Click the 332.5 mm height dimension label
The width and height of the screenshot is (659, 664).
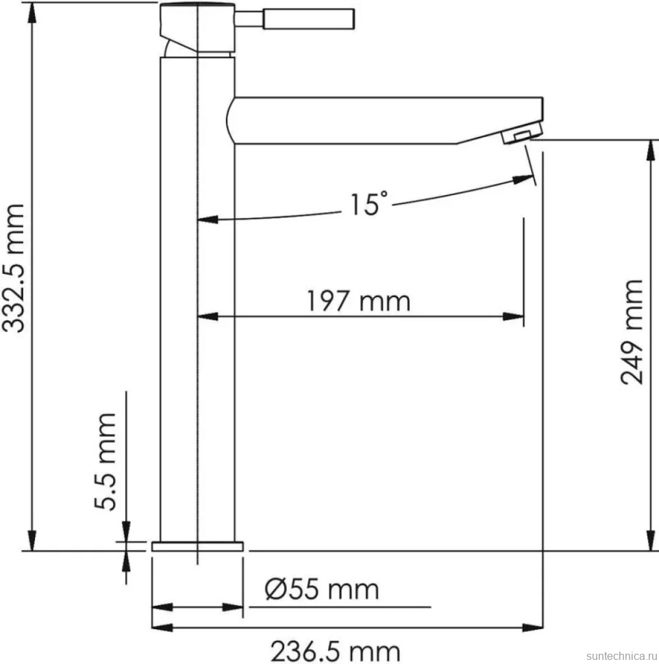click(x=14, y=268)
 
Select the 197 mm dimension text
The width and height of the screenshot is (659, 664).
click(x=358, y=301)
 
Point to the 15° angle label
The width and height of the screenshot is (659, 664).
click(x=369, y=204)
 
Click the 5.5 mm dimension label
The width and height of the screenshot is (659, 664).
click(x=105, y=461)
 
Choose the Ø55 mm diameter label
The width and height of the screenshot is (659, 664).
click(x=322, y=589)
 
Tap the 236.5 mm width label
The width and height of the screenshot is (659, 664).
click(x=335, y=651)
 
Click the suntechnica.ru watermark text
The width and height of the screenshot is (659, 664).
click(x=622, y=656)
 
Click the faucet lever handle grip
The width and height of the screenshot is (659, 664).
click(x=308, y=19)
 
